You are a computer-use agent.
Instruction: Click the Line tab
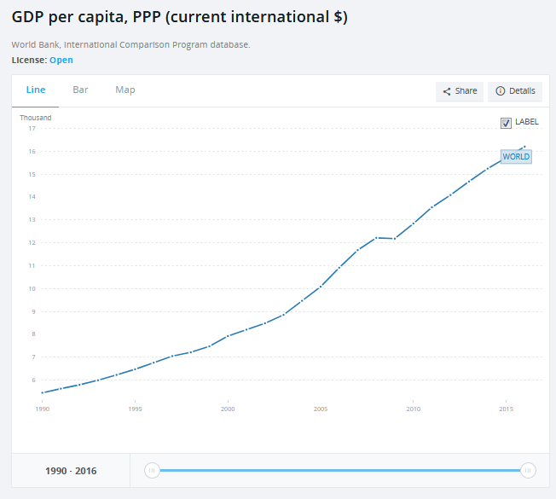tap(36, 90)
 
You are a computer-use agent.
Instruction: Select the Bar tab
tap(80, 90)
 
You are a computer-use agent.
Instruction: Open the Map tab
tap(125, 90)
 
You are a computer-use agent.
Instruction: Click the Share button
tap(460, 91)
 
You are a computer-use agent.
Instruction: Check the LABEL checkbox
tap(507, 123)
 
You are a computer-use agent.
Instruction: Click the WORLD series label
tap(516, 157)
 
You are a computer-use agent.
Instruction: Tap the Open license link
tap(61, 60)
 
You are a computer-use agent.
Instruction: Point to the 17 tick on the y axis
tap(32, 129)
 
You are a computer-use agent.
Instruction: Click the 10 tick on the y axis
tap(32, 288)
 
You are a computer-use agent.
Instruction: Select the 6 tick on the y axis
tap(32, 380)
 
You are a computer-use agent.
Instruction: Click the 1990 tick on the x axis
tap(42, 409)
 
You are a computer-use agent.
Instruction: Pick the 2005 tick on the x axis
tap(321, 409)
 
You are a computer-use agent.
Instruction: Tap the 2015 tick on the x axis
tap(507, 409)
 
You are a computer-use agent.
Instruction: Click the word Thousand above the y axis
tap(36, 118)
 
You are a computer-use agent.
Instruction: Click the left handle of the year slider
tap(152, 470)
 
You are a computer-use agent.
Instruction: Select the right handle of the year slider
tap(528, 470)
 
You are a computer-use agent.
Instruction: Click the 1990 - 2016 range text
tap(71, 471)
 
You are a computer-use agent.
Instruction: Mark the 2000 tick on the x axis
tap(228, 409)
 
